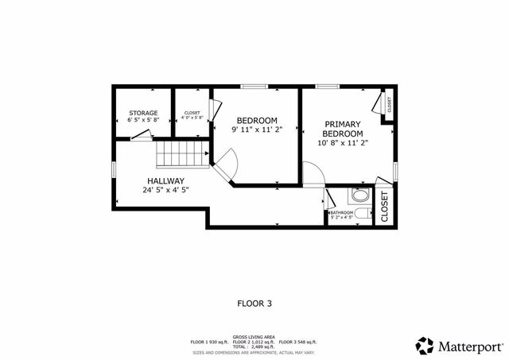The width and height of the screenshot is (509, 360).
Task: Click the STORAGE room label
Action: pyautogui.click(x=144, y=113)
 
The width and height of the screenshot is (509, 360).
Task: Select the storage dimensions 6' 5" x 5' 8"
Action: pyautogui.click(x=144, y=120)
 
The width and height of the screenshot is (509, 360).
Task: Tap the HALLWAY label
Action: pyautogui.click(x=165, y=180)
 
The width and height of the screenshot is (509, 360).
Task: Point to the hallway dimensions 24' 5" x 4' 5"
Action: pyautogui.click(x=165, y=190)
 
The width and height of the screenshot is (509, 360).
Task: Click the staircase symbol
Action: pyautogui.click(x=181, y=153)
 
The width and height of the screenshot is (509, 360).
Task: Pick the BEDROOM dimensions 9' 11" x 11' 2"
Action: pyautogui.click(x=257, y=129)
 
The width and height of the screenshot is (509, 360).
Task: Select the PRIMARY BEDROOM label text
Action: pyautogui.click(x=343, y=129)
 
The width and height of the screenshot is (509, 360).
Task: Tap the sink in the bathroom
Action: pyautogui.click(x=359, y=195)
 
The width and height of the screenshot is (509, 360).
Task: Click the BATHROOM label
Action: pyautogui.click(x=342, y=212)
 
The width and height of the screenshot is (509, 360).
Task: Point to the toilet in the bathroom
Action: pyautogui.click(x=362, y=215)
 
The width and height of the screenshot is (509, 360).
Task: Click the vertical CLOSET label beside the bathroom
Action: pyautogui.click(x=384, y=206)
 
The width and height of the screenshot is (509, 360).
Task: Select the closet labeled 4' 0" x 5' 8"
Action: pyautogui.click(x=192, y=115)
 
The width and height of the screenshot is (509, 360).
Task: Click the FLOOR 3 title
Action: pyautogui.click(x=254, y=303)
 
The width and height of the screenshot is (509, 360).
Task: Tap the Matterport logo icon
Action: pyautogui.click(x=425, y=346)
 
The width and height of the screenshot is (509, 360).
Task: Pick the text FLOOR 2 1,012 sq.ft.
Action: pyautogui.click(x=254, y=342)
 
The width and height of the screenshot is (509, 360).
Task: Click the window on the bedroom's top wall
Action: pyautogui.click(x=254, y=86)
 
